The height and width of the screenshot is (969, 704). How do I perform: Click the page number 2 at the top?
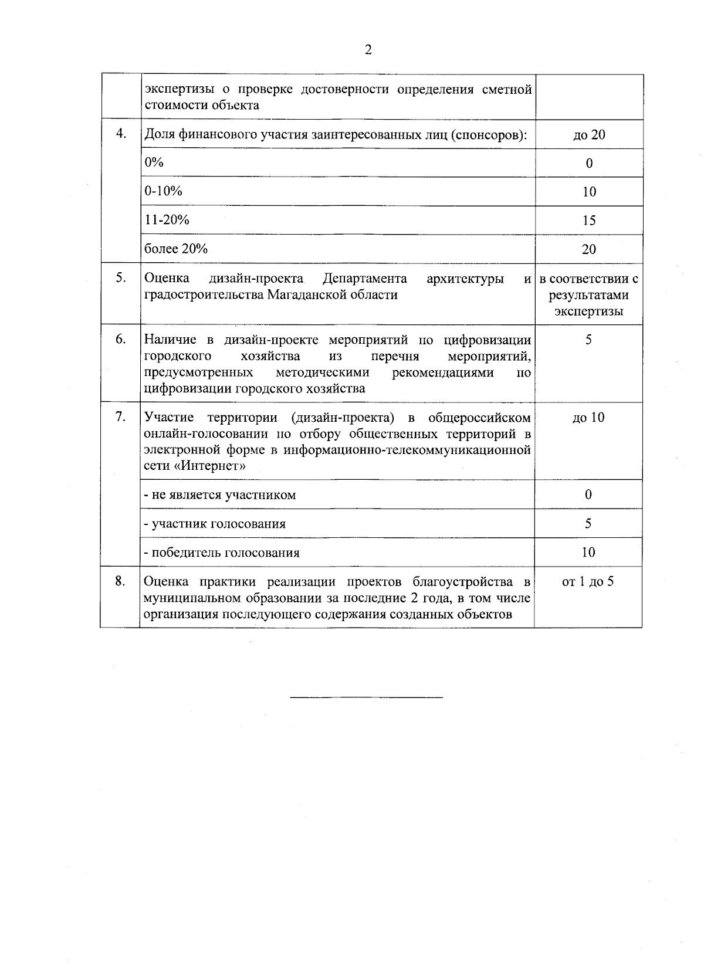368,50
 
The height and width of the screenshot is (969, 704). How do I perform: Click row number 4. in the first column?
121,133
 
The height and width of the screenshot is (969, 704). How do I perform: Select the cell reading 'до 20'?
589,135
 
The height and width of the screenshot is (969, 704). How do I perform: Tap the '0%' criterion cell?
154,162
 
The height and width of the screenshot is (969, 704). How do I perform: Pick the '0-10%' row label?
164,191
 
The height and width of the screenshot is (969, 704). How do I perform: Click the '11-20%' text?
167,219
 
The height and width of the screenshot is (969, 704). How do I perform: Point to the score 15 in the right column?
589,221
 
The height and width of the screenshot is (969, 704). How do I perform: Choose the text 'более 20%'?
176,248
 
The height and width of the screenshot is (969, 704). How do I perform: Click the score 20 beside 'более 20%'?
589,249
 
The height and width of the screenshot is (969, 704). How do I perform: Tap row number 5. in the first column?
121,277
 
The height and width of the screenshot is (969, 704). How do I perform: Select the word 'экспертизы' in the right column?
588,311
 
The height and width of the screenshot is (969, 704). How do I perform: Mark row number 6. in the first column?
121,339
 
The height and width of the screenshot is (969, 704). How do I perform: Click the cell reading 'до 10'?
588,418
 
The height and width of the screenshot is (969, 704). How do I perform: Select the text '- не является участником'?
220,494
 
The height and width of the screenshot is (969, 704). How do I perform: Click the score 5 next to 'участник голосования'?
588,523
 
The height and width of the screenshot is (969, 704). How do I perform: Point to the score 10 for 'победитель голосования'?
588,552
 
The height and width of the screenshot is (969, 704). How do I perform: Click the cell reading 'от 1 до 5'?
588,582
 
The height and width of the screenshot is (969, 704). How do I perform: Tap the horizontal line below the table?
367,697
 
